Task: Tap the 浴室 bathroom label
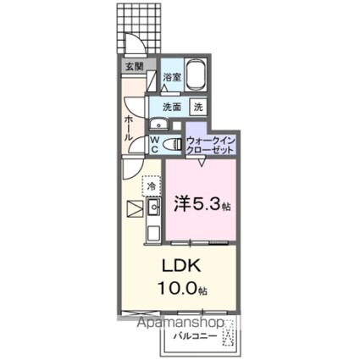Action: [x=171, y=77]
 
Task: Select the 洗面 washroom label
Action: [x=172, y=108]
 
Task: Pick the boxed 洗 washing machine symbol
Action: [x=197, y=108]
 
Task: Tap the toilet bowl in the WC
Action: [x=173, y=141]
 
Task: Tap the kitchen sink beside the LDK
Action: [x=153, y=207]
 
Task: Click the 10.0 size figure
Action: [x=176, y=289]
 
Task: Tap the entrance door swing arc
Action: [x=132, y=44]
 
